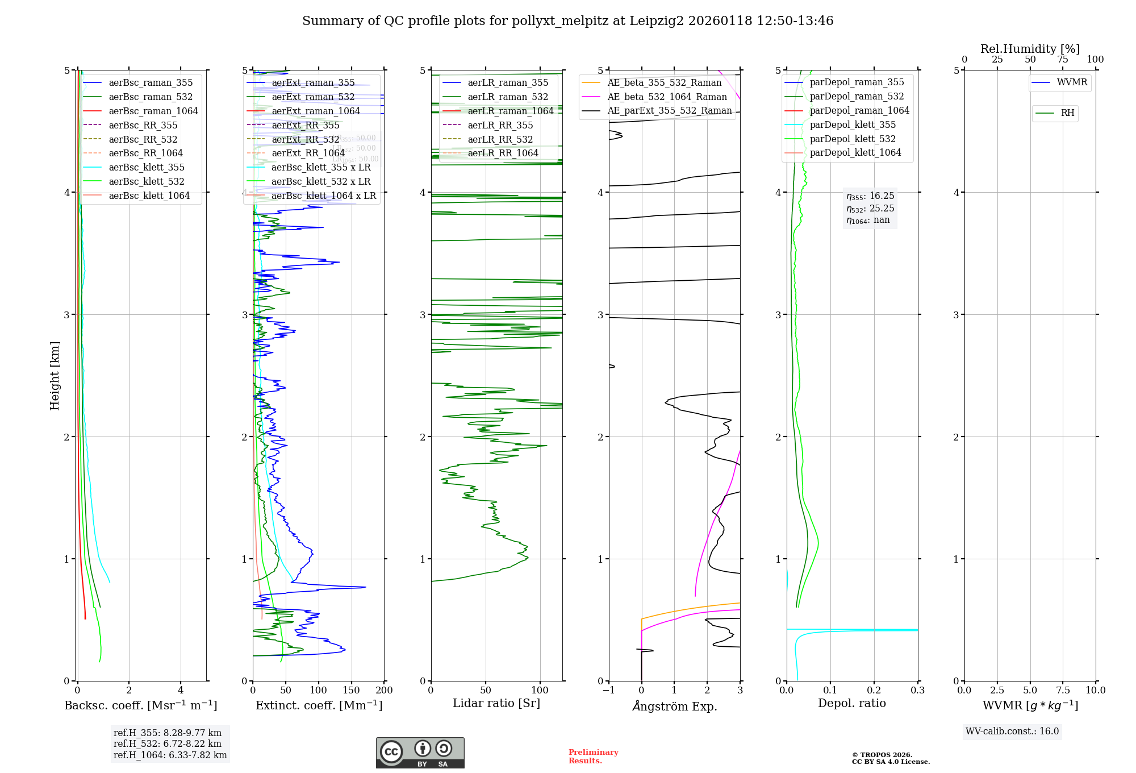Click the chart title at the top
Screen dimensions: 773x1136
click(x=567, y=21)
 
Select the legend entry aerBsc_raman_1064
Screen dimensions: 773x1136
click(x=153, y=111)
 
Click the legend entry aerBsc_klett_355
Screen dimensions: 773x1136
click(x=147, y=167)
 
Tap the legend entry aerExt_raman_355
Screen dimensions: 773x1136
click(x=313, y=82)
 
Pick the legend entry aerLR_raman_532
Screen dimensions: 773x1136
click(x=508, y=97)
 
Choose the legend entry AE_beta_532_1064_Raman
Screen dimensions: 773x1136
click(x=667, y=97)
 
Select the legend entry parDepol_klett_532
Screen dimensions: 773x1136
click(x=852, y=139)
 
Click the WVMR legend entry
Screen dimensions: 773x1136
click(x=1072, y=82)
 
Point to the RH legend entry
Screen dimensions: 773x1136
click(x=1067, y=113)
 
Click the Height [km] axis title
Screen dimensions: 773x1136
click(x=55, y=375)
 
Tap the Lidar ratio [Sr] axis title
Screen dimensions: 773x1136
click(x=496, y=703)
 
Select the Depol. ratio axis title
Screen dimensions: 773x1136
click(x=851, y=703)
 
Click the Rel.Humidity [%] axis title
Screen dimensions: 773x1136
click(x=1030, y=49)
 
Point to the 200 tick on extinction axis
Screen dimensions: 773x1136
click(x=385, y=691)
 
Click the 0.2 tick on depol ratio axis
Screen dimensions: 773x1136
click(x=874, y=691)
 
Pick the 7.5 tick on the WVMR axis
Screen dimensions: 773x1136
click(x=1063, y=691)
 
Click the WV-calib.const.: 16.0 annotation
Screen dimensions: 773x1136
click(x=1012, y=731)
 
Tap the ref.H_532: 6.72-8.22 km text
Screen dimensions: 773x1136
click(x=168, y=743)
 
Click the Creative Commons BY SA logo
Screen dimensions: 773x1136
click(x=420, y=753)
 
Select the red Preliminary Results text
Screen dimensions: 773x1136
click(x=593, y=756)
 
